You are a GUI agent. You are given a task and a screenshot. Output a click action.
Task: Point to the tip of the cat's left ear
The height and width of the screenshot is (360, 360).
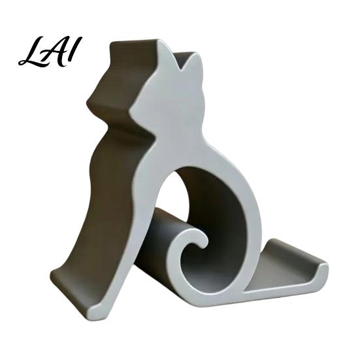pyautogui.click(x=158, y=41)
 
